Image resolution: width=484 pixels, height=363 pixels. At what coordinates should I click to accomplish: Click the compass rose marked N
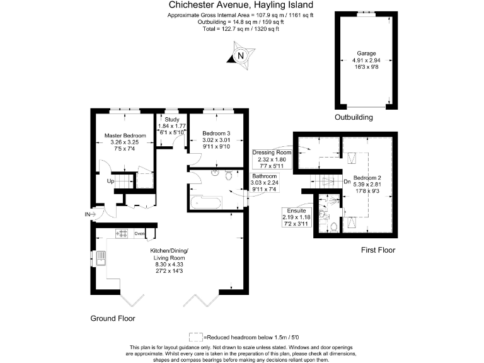coord(240,56)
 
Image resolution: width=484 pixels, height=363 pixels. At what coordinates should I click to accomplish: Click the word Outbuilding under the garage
coord(354,117)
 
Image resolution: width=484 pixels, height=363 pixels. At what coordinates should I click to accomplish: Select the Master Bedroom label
coord(125,135)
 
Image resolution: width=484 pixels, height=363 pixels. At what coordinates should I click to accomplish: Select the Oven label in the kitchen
coord(139,234)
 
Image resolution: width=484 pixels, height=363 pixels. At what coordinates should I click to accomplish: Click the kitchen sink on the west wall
coord(100,258)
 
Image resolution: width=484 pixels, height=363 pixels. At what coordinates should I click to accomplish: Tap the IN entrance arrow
coord(88,215)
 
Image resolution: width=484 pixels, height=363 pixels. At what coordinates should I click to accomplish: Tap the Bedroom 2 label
coord(367,178)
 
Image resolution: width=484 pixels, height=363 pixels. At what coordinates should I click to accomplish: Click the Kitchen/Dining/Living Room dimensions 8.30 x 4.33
coord(169,265)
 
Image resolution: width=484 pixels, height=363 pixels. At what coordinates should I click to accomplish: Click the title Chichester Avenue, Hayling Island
coord(241,5)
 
